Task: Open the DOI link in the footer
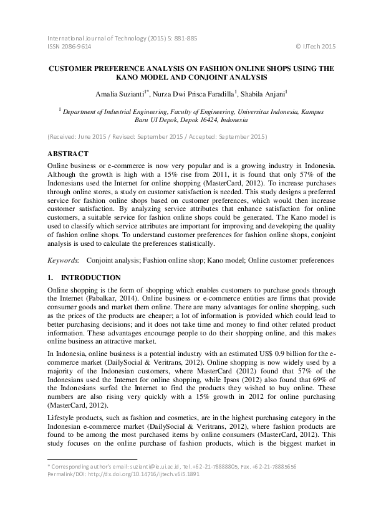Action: coord(139,490)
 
